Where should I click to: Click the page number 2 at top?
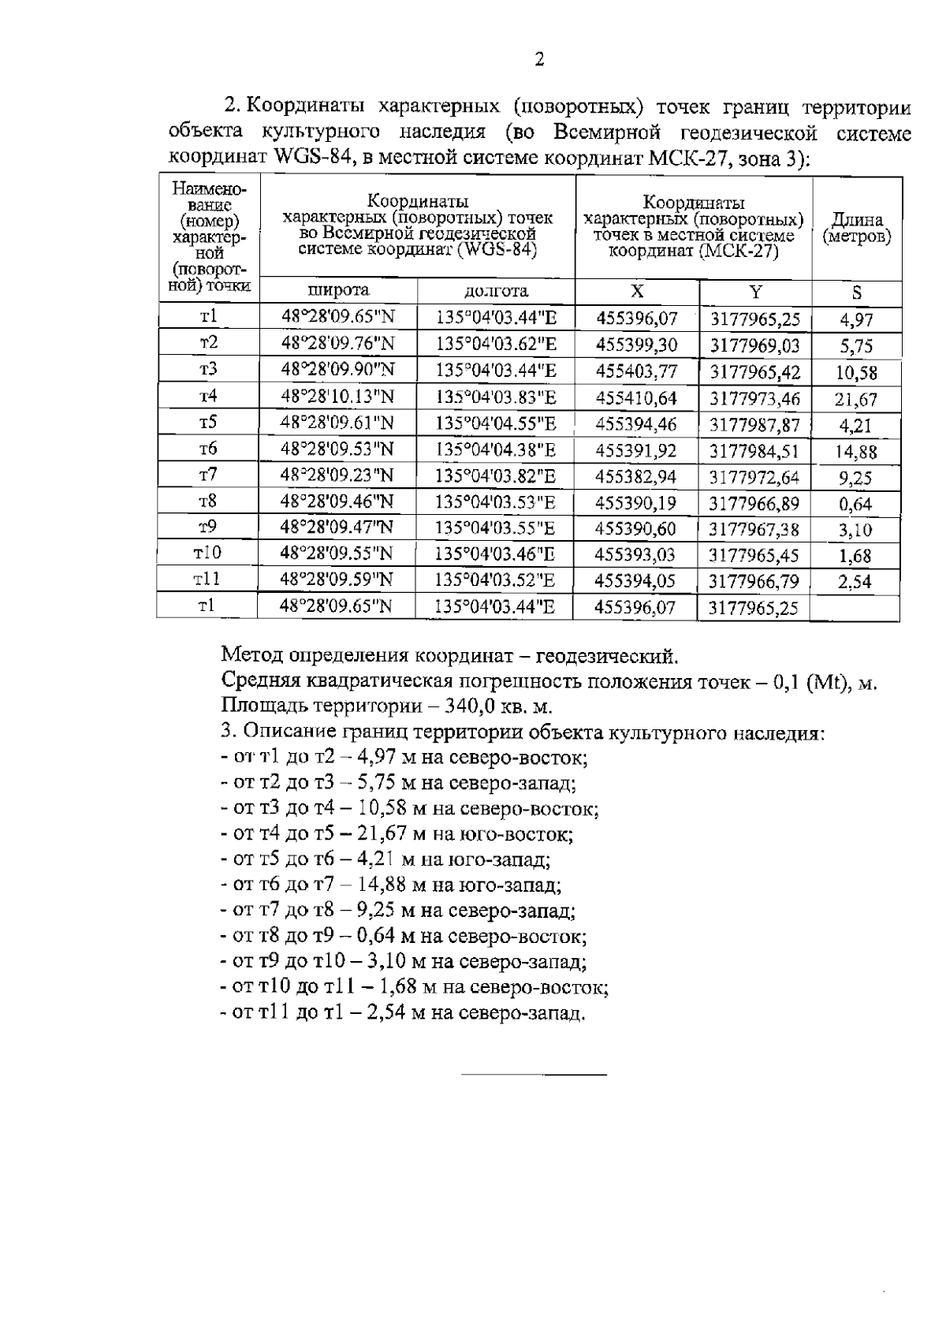click(x=539, y=60)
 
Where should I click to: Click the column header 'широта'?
click(x=338, y=291)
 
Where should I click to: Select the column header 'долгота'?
click(x=496, y=291)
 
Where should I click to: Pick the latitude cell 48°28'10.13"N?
click(x=337, y=397)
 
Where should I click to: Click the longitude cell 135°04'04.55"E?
click(x=496, y=423)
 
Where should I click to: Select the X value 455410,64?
click(x=636, y=398)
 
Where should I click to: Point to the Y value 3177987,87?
click(x=754, y=426)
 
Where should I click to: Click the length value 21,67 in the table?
click(x=855, y=400)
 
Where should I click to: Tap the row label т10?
click(x=207, y=553)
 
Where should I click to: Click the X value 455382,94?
click(x=635, y=477)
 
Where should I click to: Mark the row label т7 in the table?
click(x=207, y=475)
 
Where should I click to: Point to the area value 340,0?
click(x=474, y=705)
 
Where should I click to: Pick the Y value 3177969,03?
click(x=754, y=346)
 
